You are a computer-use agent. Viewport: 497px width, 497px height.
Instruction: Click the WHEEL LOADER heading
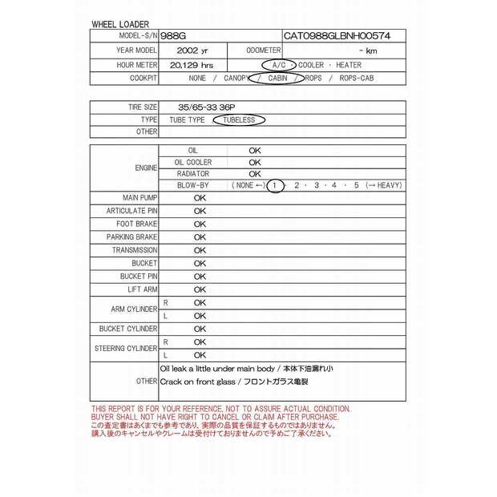pos(119,25)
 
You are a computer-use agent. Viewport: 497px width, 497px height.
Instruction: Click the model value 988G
pos(173,36)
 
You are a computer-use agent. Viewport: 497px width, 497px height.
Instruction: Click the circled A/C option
pos(278,64)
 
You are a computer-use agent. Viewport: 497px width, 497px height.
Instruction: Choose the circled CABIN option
pos(277,79)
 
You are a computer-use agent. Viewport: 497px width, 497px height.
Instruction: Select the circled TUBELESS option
pos(238,119)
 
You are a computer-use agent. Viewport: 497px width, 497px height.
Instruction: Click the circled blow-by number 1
pos(274,185)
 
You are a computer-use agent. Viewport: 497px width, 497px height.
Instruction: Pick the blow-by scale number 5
pos(356,185)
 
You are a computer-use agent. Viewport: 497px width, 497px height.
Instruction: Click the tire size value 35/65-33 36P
pos(196,107)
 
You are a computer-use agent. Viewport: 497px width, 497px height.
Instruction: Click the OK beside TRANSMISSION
pos(200,250)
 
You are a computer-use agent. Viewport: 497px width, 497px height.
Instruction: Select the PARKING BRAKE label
pos(131,237)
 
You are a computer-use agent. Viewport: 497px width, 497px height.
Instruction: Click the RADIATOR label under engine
pos(192,173)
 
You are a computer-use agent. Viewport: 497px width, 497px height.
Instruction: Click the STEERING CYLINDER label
pos(126,348)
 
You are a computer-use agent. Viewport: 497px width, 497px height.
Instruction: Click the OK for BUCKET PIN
pos(200,277)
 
